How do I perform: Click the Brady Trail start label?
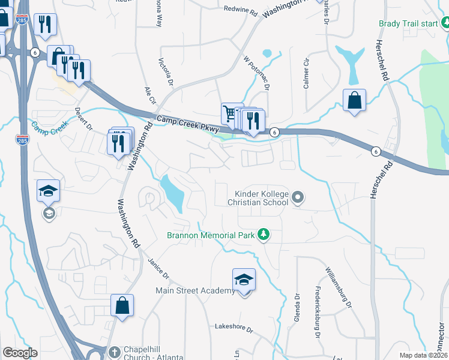(407, 24)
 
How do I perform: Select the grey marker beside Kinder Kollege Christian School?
(297, 197)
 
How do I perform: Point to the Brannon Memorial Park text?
(210, 234)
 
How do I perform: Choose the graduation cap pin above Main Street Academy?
(244, 279)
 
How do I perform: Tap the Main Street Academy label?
(195, 291)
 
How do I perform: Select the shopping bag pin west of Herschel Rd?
(355, 100)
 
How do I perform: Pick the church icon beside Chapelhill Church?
(115, 351)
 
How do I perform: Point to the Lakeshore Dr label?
(235, 329)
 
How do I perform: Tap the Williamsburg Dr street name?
(338, 287)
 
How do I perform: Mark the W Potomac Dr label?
(256, 73)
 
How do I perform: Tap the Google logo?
(20, 353)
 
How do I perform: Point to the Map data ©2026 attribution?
(423, 355)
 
